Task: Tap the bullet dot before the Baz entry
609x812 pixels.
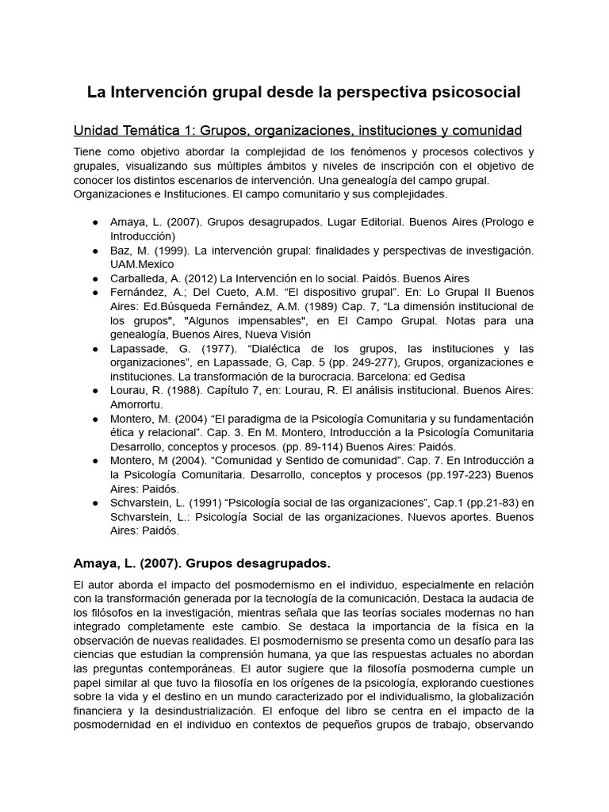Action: point(94,251)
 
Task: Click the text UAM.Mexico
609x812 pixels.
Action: point(142,264)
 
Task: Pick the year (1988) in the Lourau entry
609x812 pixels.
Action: point(182,390)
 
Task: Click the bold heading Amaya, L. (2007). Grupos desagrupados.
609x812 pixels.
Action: point(201,563)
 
